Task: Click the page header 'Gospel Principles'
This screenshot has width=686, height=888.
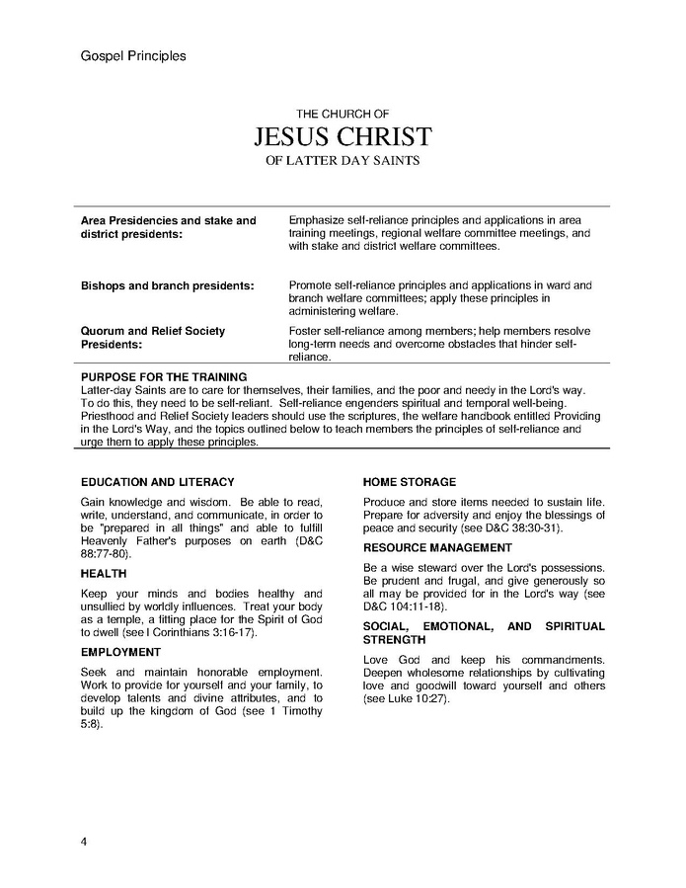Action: click(x=132, y=56)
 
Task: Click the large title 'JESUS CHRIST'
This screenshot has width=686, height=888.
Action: click(x=343, y=136)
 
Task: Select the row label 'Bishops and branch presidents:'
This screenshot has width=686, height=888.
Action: click(x=167, y=285)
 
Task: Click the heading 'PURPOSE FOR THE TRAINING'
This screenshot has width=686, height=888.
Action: click(x=164, y=377)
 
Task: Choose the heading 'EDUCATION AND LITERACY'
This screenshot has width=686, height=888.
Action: click(x=158, y=482)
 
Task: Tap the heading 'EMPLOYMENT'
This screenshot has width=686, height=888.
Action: click(x=120, y=652)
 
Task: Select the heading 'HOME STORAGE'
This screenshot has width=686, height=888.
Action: click(x=410, y=482)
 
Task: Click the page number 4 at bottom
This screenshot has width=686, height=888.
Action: click(x=84, y=841)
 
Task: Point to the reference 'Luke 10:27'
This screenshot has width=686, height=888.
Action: click(x=420, y=698)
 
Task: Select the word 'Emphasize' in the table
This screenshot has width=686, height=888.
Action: click(x=316, y=220)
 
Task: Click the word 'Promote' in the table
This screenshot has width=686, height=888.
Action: click(x=310, y=285)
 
